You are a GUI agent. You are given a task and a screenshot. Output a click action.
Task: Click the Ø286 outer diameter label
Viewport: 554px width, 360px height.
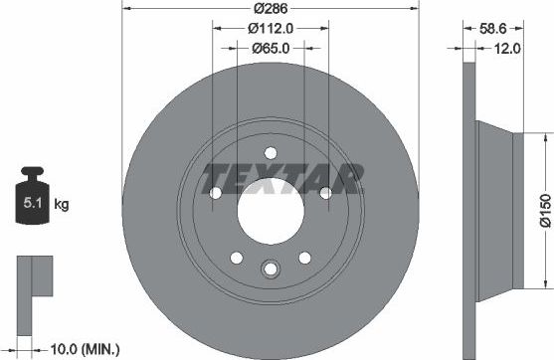pyautogui.click(x=271, y=8)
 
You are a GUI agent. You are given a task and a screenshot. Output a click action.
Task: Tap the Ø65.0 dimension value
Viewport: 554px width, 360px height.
pyautogui.click(x=271, y=48)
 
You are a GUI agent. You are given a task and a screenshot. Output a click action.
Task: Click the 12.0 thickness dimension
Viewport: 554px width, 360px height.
pyautogui.click(x=509, y=47)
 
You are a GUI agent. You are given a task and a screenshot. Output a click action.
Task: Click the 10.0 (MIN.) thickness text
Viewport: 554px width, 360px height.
pyautogui.click(x=86, y=348)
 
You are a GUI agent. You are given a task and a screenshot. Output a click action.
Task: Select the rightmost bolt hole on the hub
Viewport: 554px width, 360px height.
pyautogui.click(x=326, y=193)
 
